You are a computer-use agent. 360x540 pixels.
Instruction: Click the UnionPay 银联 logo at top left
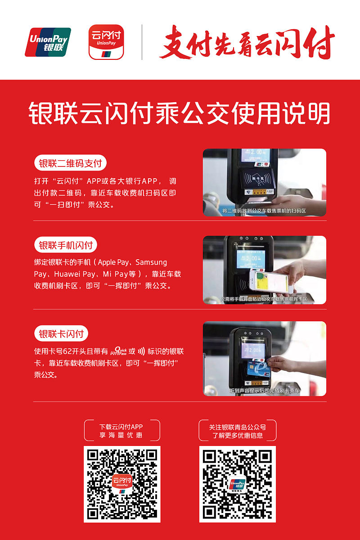48,42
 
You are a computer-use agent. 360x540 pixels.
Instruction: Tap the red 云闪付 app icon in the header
106,42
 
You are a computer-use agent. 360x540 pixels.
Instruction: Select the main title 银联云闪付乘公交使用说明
180,113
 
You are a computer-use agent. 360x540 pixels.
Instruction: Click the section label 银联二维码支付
70,163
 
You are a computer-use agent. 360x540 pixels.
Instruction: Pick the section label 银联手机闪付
66,245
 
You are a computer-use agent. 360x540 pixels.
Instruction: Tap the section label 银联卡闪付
61,334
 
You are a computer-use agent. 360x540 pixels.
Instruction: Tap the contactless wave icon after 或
141,351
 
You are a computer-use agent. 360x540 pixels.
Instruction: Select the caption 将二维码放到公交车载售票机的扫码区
264,211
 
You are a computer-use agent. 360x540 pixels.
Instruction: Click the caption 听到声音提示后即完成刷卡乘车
265,391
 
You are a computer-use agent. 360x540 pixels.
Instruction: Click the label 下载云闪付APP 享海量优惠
121,431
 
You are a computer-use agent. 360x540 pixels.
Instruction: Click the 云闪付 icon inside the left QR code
122,484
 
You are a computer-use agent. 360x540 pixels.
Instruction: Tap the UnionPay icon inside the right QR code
237,484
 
